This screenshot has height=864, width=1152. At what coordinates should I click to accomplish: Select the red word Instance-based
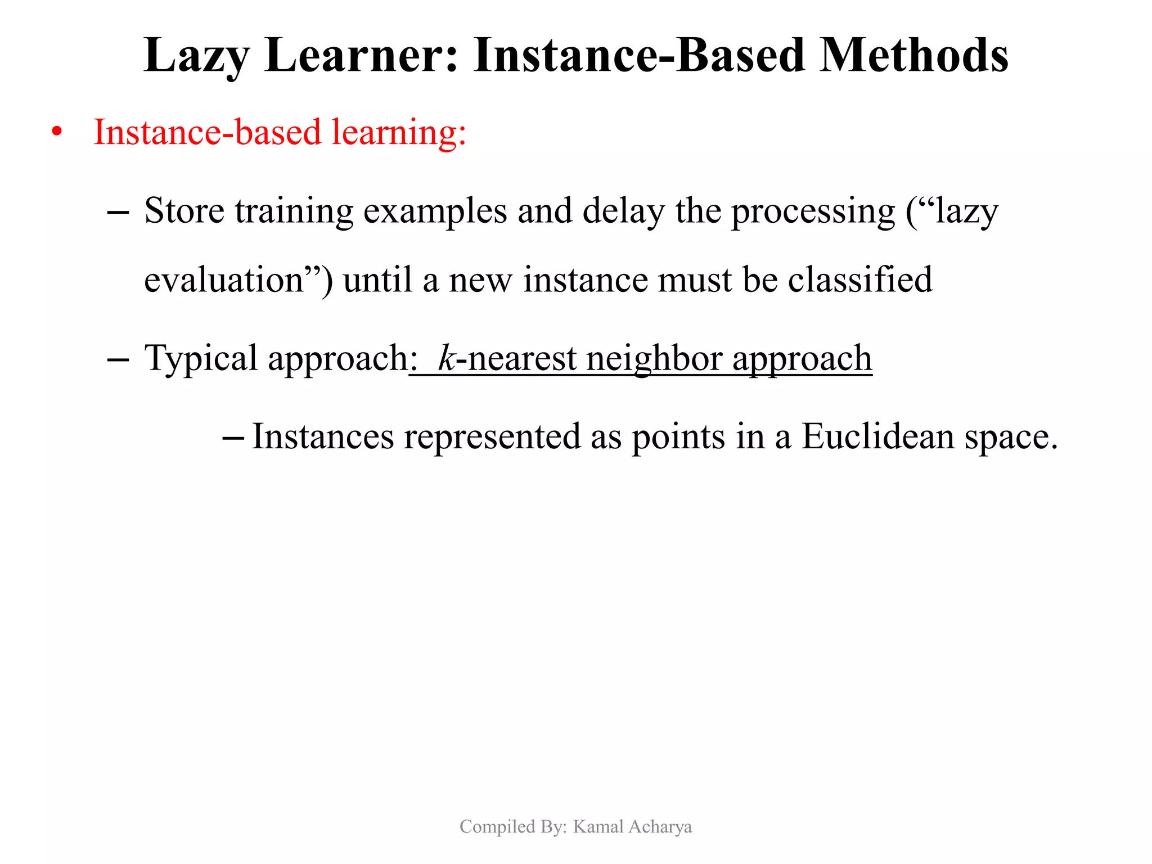tap(207, 132)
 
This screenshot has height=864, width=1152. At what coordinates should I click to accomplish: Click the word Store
tap(184, 211)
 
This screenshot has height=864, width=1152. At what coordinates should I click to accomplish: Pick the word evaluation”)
tap(238, 280)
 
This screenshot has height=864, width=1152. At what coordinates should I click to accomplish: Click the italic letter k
tap(446, 358)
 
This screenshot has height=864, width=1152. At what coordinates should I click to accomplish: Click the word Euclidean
tap(877, 436)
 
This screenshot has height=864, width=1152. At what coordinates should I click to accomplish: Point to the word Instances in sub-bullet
tap(323, 436)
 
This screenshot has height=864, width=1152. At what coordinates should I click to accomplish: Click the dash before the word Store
tap(118, 213)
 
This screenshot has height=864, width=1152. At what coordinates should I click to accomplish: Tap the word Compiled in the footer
tap(489, 827)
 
